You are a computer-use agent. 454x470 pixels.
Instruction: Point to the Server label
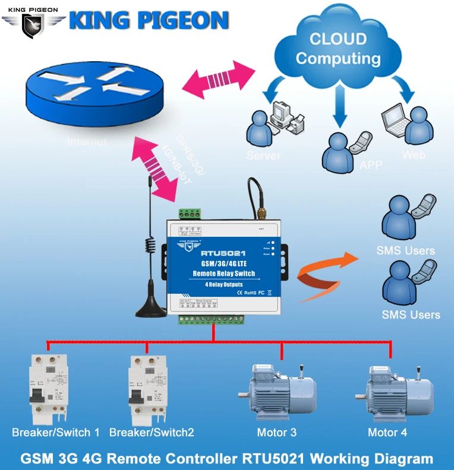pyautogui.click(x=263, y=156)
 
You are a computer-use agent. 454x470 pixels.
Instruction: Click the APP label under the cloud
pyautogui.click(x=371, y=165)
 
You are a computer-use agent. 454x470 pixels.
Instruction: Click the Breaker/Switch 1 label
pyautogui.click(x=56, y=433)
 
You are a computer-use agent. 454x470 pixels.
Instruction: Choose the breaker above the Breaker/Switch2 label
pyautogui.click(x=146, y=386)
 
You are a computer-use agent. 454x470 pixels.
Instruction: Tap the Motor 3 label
pyautogui.click(x=277, y=433)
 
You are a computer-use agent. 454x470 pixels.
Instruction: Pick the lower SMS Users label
pyautogui.click(x=411, y=314)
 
